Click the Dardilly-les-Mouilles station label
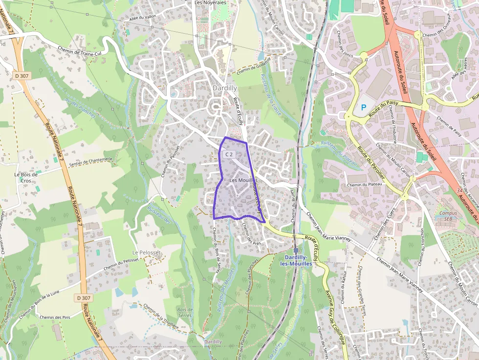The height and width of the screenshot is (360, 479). [x=296, y=260]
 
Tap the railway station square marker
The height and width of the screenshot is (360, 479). [x=296, y=250]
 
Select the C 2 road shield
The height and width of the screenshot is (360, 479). [x=229, y=154]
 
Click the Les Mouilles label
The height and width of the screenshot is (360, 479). [x=243, y=180]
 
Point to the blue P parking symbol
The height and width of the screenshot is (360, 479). [x=363, y=107]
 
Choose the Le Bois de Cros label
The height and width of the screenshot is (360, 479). [x=26, y=177]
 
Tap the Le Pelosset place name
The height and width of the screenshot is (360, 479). [x=147, y=252]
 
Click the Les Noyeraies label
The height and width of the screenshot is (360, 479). [x=210, y=2]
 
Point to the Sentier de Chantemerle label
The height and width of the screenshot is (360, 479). [x=91, y=162]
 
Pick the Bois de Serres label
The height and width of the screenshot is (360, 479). [x=185, y=312]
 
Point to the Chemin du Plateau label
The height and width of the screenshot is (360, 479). [x=364, y=185]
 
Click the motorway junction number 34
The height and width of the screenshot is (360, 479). [x=457, y=190]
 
